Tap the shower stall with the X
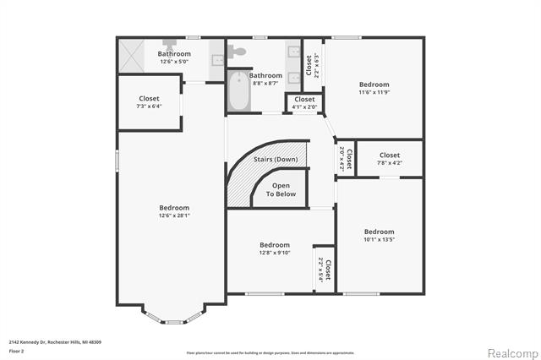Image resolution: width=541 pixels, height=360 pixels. pyautogui.click(x=131, y=56)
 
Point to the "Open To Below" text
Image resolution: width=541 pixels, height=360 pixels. pyautogui.click(x=281, y=189)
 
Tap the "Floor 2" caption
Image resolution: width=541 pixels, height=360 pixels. pyautogui.click(x=16, y=350)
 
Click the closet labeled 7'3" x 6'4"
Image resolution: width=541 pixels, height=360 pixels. pyautogui.click(x=149, y=102)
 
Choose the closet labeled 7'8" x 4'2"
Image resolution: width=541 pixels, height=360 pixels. pyautogui.click(x=389, y=159)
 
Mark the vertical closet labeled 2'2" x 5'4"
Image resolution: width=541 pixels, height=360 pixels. pyautogui.click(x=324, y=269)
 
